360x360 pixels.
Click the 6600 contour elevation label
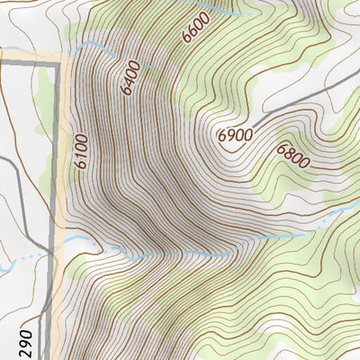[x=193, y=29]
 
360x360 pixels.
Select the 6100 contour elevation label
[x=81, y=153]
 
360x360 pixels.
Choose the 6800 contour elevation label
[x=292, y=157]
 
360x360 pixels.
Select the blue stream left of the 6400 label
[x=99, y=45]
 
